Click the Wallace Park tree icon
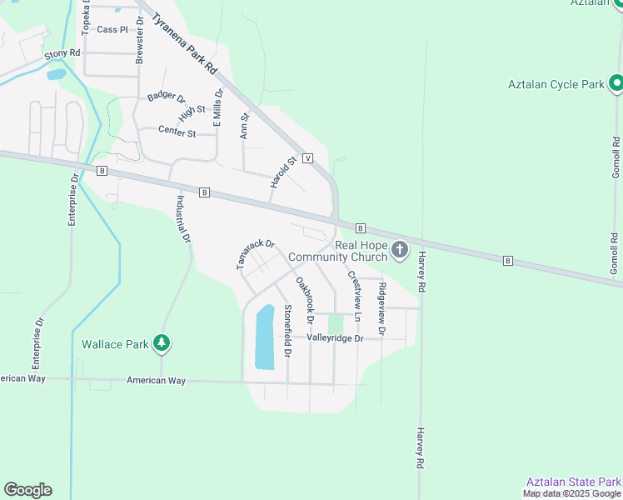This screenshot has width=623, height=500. coord(162,342)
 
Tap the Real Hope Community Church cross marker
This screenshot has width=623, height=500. coord(400,249)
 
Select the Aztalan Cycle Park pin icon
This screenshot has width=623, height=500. coord(616,83)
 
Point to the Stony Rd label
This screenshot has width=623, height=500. coord(62,53)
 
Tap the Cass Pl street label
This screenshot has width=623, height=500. coord(112,29)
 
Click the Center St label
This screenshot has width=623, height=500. coord(177,132)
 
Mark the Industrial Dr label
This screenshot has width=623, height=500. coord(183,219)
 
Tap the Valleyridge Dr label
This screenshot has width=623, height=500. coord(336,337)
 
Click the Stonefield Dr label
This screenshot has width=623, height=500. coord(287,331)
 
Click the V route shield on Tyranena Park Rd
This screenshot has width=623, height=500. coord(307,157)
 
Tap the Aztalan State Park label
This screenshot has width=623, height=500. coord(574,482)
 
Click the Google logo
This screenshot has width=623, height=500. coord(27,490)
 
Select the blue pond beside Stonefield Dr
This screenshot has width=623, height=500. coord(263,337)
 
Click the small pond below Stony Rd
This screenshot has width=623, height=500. coord(56,74)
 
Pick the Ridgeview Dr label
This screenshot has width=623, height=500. coord(382,309)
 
